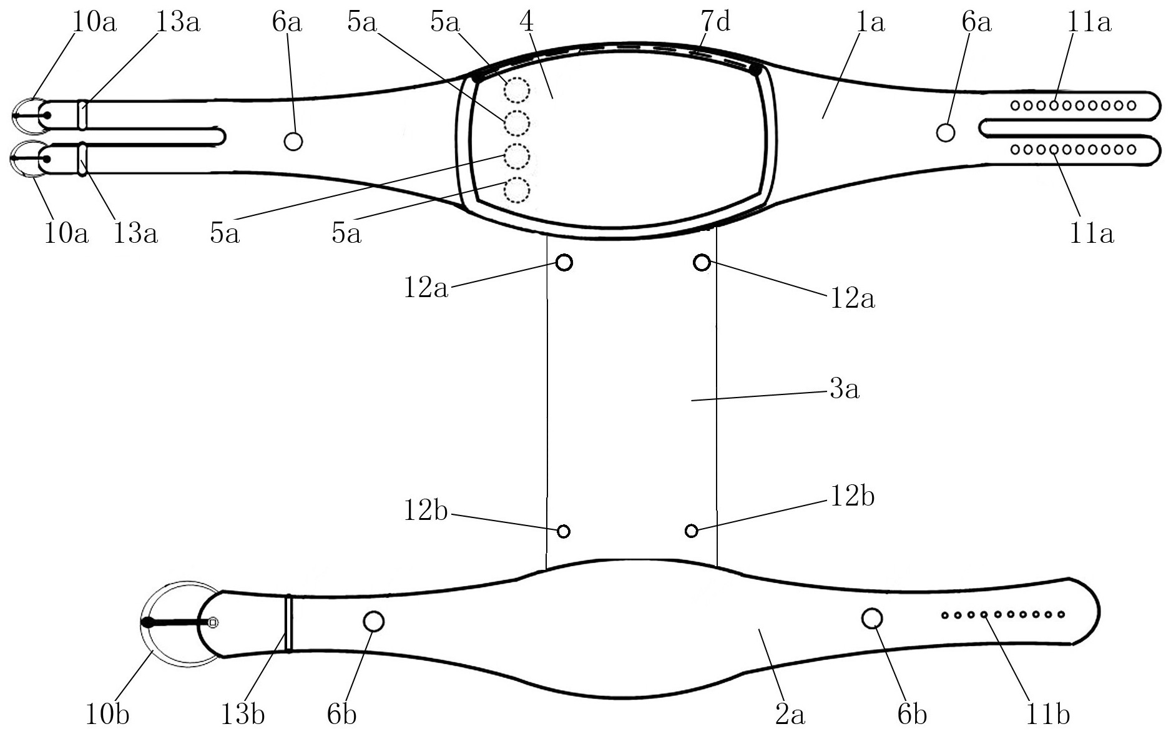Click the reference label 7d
pyautogui.click(x=715, y=22)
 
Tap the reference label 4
pyautogui.click(x=526, y=22)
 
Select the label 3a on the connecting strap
pyautogui.click(x=844, y=389)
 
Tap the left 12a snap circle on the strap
pyautogui.click(x=564, y=262)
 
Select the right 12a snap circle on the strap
pyautogui.click(x=702, y=263)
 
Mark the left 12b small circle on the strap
pyautogui.click(x=563, y=531)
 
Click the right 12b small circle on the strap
pyautogui.click(x=691, y=531)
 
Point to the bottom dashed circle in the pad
pyautogui.click(x=516, y=190)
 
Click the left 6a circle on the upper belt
pyautogui.click(x=293, y=142)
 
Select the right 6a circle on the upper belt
pyautogui.click(x=946, y=132)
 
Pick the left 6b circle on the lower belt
pyautogui.click(x=373, y=621)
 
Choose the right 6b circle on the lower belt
pyautogui.click(x=872, y=619)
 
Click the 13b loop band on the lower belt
pyautogui.click(x=288, y=624)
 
